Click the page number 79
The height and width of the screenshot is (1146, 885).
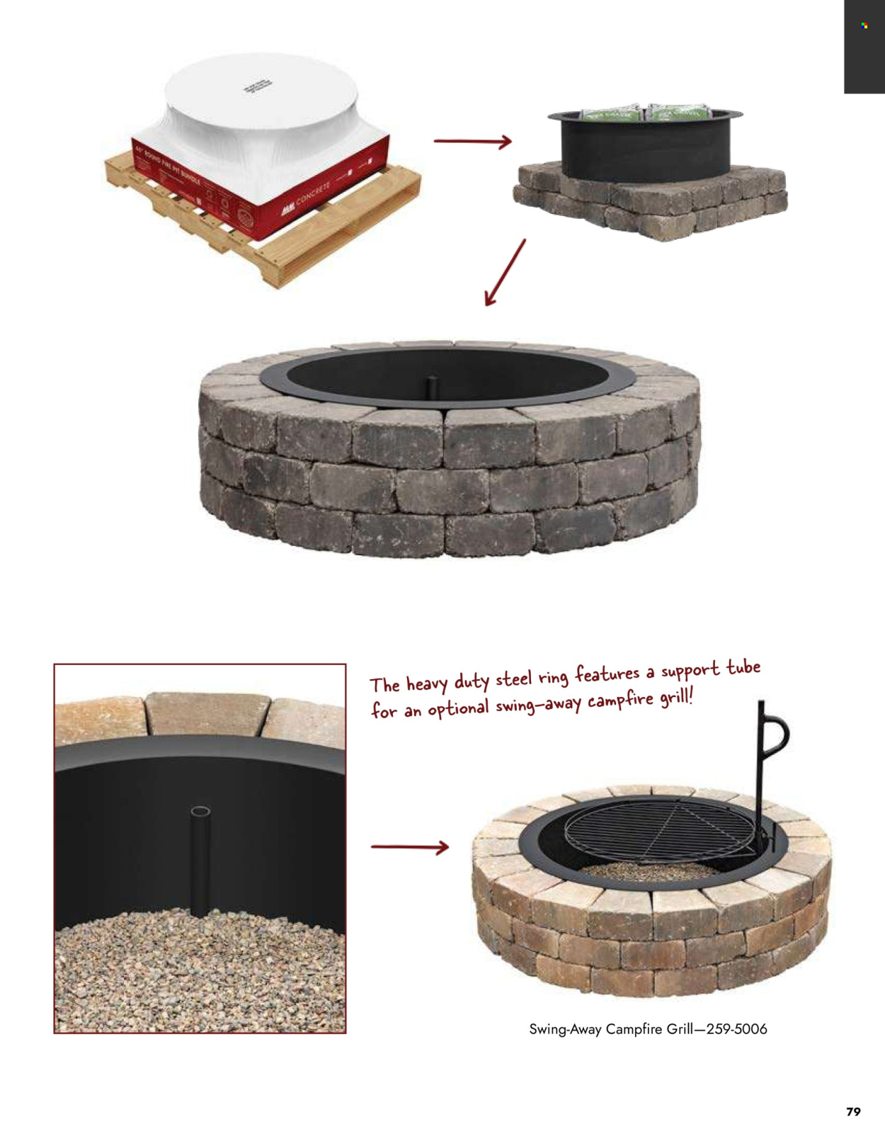point(853,1111)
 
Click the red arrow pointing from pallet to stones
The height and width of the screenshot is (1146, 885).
point(472,142)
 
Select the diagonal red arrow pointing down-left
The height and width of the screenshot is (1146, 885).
point(505,273)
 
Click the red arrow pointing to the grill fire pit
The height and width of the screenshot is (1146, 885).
point(410,846)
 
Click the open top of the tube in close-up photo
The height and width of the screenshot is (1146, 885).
point(200,811)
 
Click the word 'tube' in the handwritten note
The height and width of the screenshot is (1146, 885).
point(743,667)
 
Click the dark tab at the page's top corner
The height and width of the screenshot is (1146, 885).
point(864,45)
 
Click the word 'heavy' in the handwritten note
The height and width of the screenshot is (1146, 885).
point(426,683)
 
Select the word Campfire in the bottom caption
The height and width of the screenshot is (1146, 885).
point(633,1029)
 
